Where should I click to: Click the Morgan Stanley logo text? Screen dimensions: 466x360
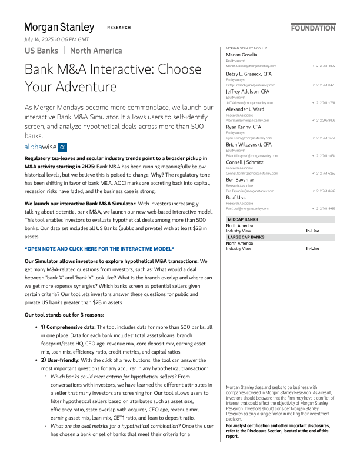tap(59, 27)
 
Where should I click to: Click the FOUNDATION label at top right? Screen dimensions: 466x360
tap(314, 28)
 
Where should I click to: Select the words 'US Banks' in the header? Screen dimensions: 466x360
tap(41, 51)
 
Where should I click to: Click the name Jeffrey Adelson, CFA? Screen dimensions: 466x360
tap(248, 92)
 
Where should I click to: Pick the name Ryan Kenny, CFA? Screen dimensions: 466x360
tap(244, 127)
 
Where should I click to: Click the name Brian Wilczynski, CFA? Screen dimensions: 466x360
tap(249, 144)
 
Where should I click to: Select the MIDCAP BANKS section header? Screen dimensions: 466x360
tap(244, 219)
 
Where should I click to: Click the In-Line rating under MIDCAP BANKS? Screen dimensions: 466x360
tap(312, 231)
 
